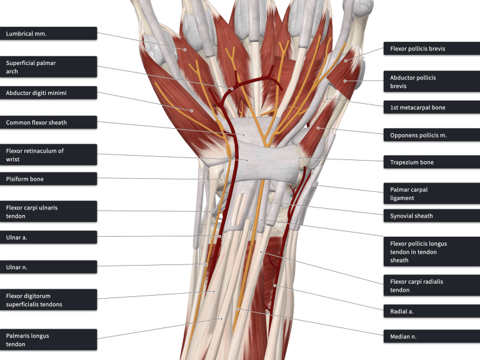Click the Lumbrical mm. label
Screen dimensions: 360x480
tap(48, 34)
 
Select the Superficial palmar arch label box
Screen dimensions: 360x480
tap(48, 67)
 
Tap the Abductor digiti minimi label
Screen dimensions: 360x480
tap(48, 93)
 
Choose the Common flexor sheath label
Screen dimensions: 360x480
tap(48, 122)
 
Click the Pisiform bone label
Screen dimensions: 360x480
tap(48, 179)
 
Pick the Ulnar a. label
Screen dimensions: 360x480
tap(48, 237)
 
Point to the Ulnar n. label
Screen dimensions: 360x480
tap(48, 267)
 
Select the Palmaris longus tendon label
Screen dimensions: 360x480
tap(48, 340)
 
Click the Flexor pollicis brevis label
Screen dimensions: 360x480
tap(431, 49)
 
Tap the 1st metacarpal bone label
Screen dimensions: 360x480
tap(431, 107)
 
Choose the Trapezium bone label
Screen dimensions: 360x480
tap(431, 162)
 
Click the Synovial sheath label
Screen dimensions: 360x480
tap(431, 216)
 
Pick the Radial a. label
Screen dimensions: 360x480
tap(431, 311)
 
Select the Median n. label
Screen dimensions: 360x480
tap(431, 336)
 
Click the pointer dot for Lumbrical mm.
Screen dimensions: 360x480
tap(185, 49)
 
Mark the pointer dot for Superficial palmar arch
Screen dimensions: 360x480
tap(231, 89)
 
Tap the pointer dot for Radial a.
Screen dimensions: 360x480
tap(275, 286)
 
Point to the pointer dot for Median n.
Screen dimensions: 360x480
tap(237, 309)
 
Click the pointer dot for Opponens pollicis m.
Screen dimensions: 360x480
tap(318, 128)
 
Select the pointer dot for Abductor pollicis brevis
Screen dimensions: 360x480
tap(344, 81)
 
